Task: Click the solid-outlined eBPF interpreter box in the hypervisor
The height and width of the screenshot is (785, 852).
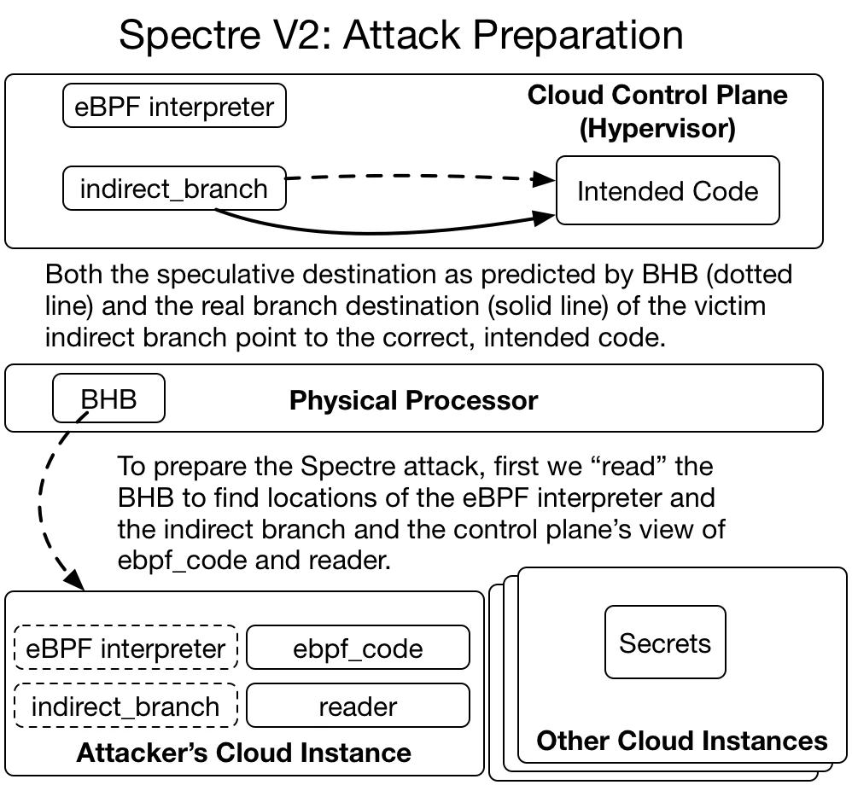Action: click(x=174, y=108)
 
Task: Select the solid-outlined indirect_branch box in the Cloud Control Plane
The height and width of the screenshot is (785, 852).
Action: click(x=174, y=189)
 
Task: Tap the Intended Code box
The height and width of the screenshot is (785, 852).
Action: click(x=667, y=190)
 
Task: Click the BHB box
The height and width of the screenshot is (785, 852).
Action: click(x=108, y=399)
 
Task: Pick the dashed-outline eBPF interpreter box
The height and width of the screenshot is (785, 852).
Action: click(x=125, y=648)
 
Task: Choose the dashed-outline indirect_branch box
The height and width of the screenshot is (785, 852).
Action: click(x=125, y=706)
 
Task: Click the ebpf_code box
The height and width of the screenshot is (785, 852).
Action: click(x=358, y=648)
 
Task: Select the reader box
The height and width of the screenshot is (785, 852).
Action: click(x=358, y=706)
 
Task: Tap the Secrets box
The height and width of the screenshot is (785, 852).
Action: click(x=665, y=643)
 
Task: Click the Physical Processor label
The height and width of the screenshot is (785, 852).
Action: click(x=413, y=400)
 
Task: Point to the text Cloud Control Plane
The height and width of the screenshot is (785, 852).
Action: click(x=657, y=95)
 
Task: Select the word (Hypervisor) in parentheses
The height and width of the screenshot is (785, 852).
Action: click(x=657, y=129)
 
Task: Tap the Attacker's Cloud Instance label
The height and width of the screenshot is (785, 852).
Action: click(x=243, y=753)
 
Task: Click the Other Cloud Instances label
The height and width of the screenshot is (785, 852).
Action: click(x=682, y=740)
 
